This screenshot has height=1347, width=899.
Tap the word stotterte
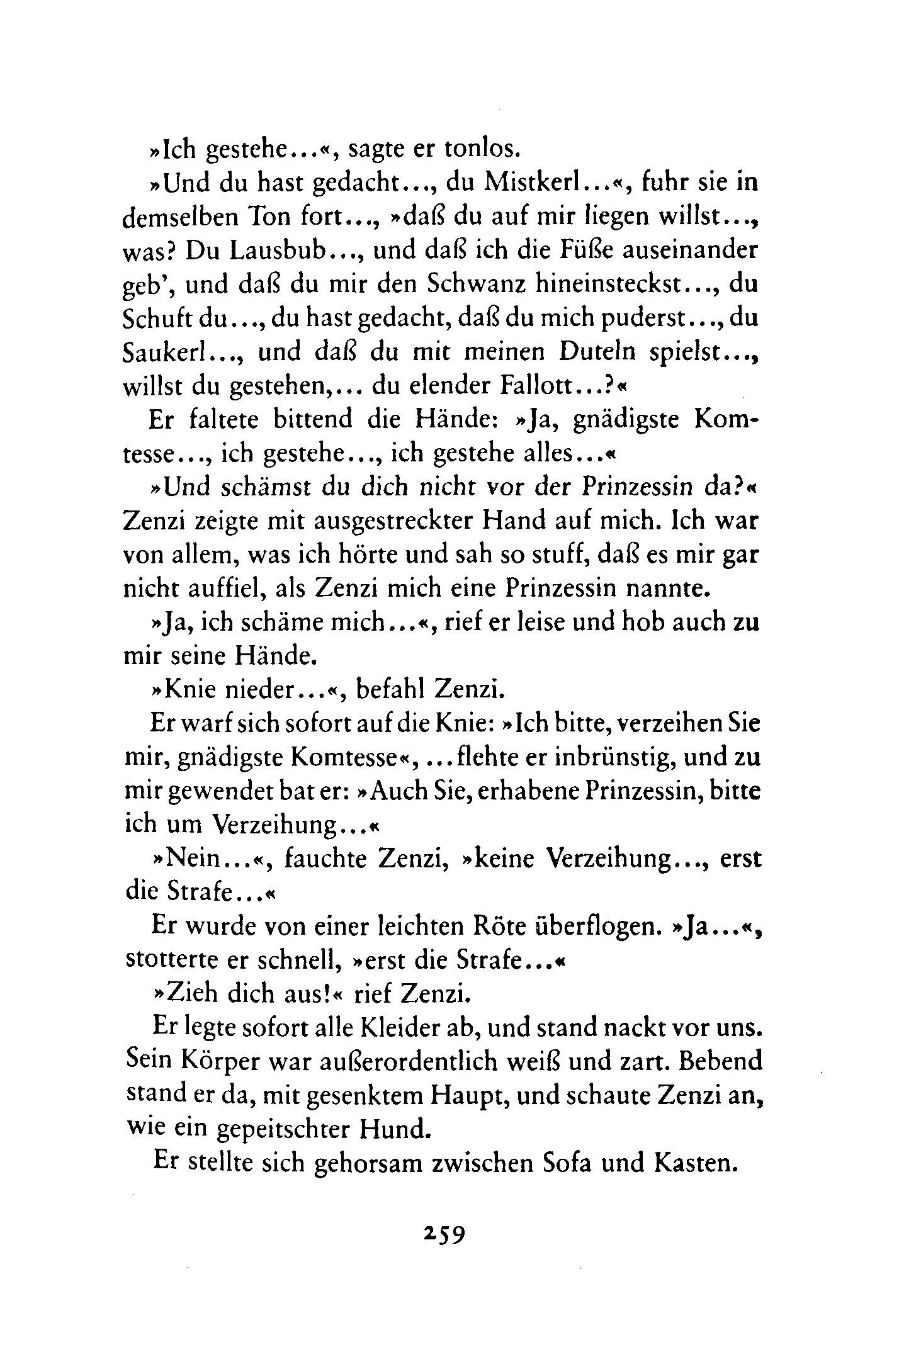click(166, 961)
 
